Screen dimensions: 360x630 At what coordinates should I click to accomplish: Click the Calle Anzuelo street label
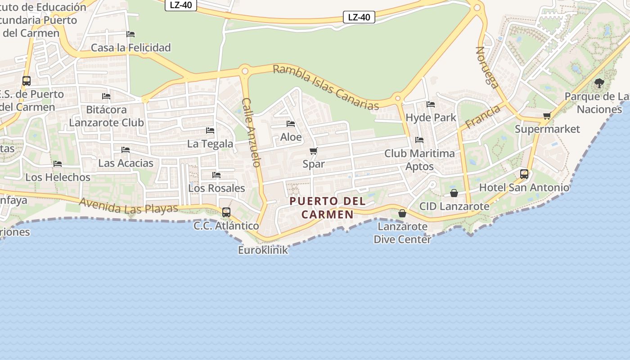(252, 132)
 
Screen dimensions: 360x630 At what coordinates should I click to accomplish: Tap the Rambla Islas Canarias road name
(326, 87)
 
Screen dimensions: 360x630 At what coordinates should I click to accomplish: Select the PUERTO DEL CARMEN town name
(328, 207)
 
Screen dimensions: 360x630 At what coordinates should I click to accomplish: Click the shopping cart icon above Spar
(314, 151)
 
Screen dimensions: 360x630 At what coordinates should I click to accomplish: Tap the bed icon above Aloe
(291, 124)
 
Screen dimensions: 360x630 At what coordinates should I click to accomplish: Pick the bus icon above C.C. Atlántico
(226, 212)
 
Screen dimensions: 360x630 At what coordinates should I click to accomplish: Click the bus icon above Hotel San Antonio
(524, 174)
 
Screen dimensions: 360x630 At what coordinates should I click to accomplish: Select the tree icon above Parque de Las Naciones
(599, 83)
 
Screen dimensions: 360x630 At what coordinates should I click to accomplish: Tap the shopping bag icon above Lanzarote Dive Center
(402, 213)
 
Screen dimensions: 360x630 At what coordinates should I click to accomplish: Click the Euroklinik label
(263, 250)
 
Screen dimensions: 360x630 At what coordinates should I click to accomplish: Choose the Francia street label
(483, 117)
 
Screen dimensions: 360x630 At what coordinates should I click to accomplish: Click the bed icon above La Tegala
(210, 130)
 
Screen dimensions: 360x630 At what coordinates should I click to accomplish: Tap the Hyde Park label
(431, 117)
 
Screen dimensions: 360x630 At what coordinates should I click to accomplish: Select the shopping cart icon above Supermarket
(547, 116)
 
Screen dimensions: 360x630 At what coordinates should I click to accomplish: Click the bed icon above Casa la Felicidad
(130, 34)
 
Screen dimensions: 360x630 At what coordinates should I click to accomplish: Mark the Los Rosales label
(216, 188)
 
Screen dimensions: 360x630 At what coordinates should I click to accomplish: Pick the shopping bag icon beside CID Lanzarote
(454, 193)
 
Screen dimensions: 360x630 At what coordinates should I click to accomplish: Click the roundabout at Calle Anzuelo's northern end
(245, 71)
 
